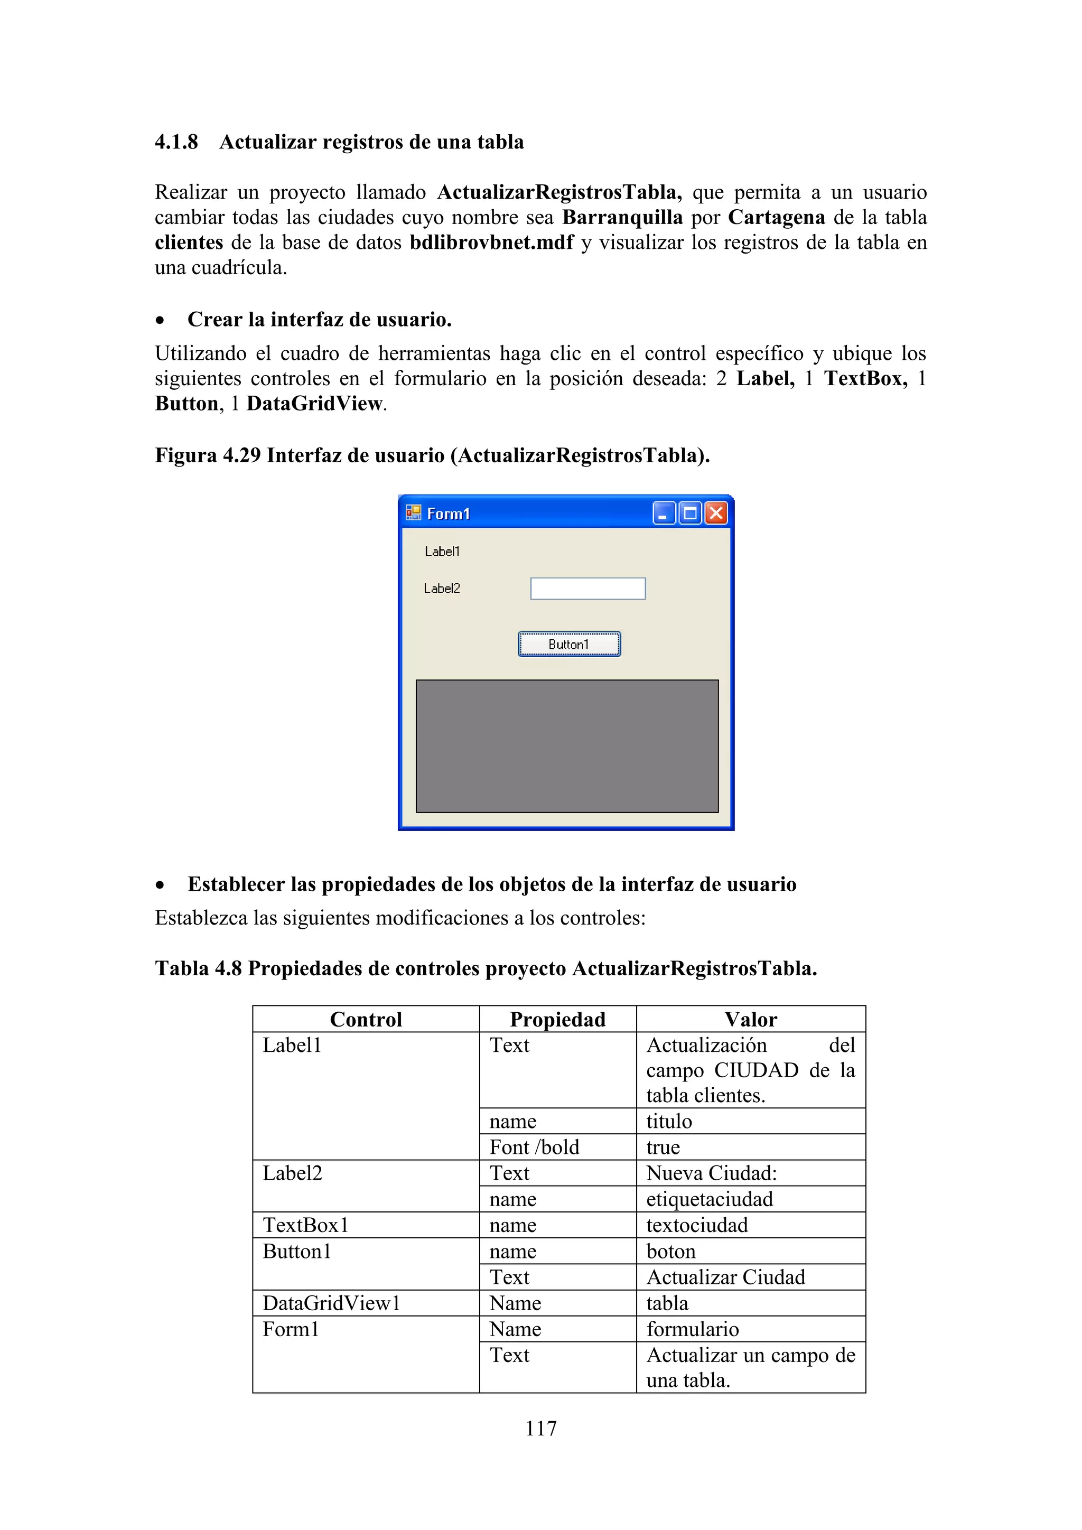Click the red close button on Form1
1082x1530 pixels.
click(x=716, y=513)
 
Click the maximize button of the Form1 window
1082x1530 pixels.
click(x=690, y=513)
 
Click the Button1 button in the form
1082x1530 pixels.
click(x=569, y=645)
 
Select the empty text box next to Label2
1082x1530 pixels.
click(x=587, y=589)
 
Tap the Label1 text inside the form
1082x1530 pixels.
click(x=442, y=551)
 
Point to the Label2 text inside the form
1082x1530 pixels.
click(x=442, y=589)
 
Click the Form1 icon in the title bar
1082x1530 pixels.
click(x=413, y=512)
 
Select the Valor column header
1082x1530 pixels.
click(x=751, y=1020)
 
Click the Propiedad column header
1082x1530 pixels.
click(x=558, y=1020)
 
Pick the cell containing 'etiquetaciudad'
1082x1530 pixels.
click(x=710, y=1199)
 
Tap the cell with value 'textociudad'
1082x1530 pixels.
click(x=697, y=1226)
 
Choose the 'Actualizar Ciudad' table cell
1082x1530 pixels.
click(x=725, y=1277)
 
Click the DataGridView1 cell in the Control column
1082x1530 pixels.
click(x=331, y=1303)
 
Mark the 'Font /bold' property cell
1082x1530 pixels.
click(x=534, y=1147)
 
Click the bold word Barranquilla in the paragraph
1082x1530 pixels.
click(x=622, y=217)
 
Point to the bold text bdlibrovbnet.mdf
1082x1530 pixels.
click(x=491, y=242)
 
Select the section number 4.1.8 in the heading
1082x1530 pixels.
click(x=176, y=142)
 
